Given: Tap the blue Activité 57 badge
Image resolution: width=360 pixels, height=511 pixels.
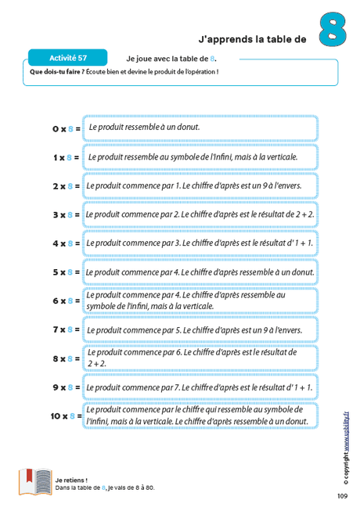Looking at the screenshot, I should pos(68,58).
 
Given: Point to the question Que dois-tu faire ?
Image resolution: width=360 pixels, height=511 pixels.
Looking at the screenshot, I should pos(61,72).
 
